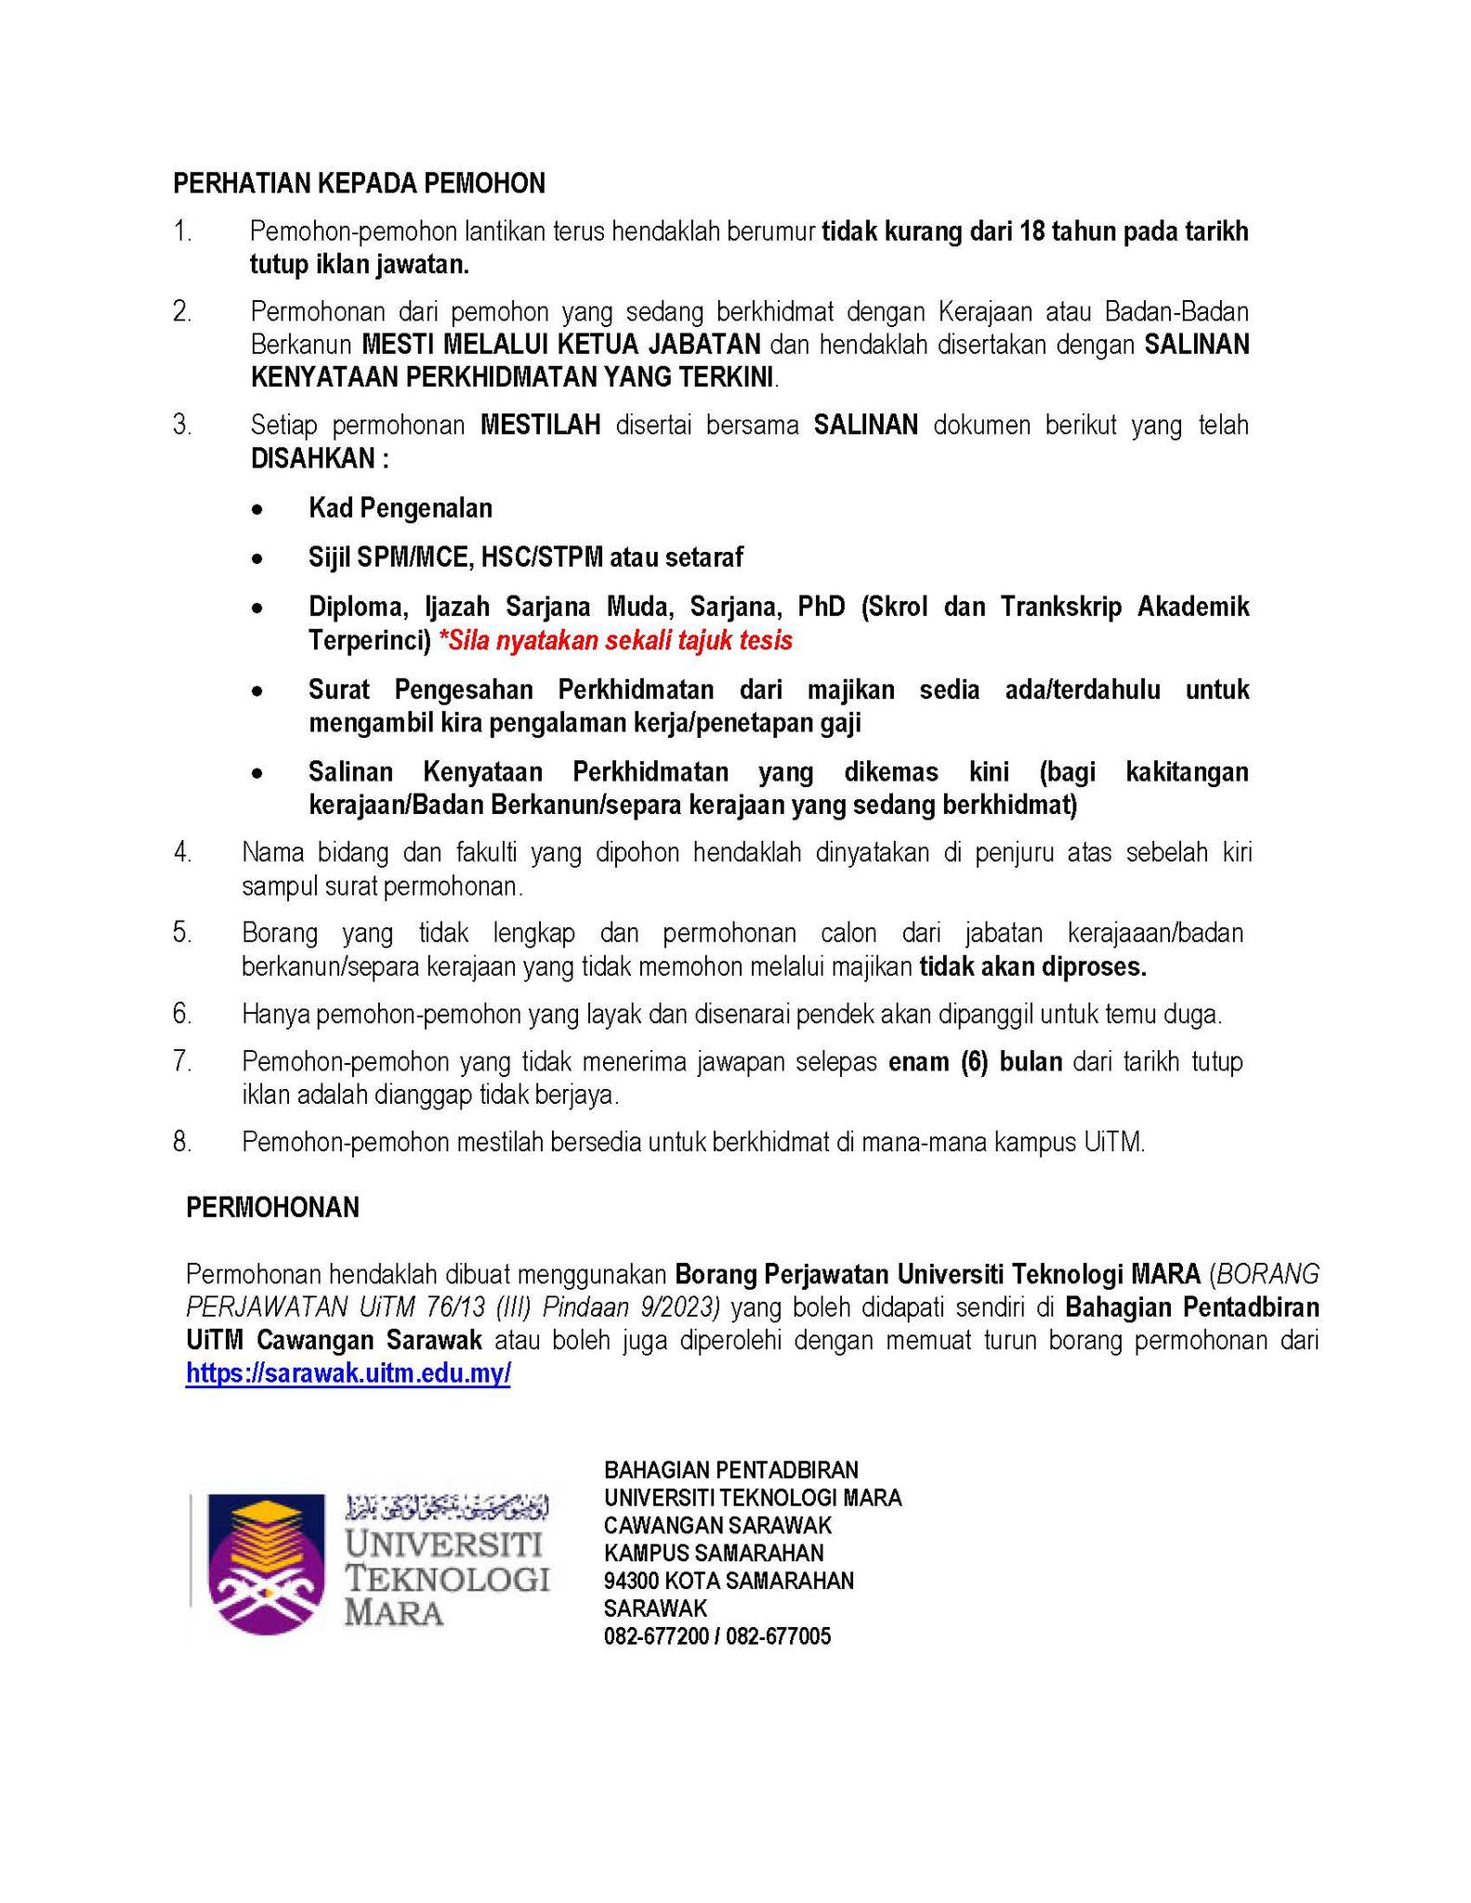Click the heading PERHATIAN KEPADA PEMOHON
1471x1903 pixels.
pyautogui.click(x=359, y=184)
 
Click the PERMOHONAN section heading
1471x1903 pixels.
pyautogui.click(x=272, y=1207)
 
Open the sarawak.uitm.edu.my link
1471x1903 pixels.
pyautogui.click(x=348, y=1373)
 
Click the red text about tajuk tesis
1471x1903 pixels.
pyautogui.click(x=615, y=640)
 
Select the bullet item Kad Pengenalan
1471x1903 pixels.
pyautogui.click(x=401, y=508)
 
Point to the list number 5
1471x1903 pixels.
pyautogui.click(x=182, y=932)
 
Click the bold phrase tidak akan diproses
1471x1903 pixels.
pyautogui.click(x=1033, y=967)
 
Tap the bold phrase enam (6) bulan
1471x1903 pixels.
pyautogui.click(x=975, y=1061)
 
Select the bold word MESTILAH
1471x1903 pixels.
pyautogui.click(x=541, y=426)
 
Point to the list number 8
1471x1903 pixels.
pyautogui.click(x=182, y=1142)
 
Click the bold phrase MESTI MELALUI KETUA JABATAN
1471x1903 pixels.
pyautogui.click(x=561, y=345)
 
